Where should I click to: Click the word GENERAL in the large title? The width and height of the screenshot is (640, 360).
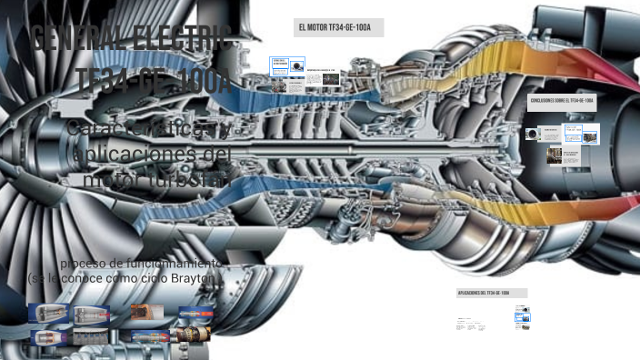point(79,41)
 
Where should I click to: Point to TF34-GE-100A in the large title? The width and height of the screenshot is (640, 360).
point(153,80)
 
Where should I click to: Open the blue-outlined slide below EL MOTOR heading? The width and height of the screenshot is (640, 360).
point(286,67)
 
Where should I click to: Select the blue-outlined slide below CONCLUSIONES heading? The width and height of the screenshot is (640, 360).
point(573,133)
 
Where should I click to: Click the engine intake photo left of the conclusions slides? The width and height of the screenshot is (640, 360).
point(532,134)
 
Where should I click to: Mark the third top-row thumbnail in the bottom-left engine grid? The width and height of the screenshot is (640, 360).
point(141,313)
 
